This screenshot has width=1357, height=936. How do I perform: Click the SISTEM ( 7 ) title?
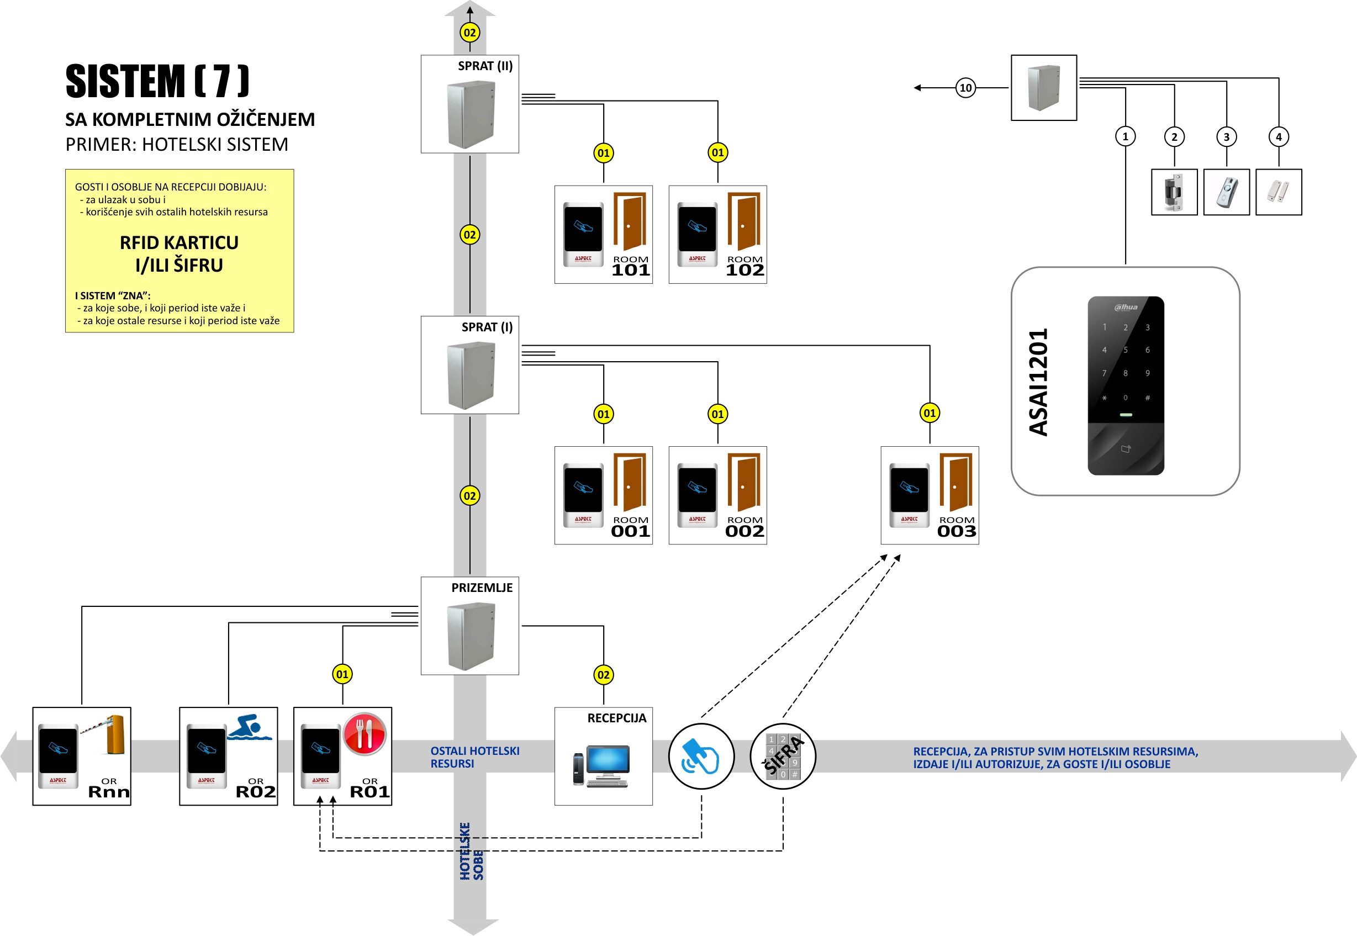(x=157, y=81)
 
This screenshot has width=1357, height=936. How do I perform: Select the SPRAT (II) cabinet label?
(x=485, y=66)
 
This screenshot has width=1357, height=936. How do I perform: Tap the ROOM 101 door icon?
(x=630, y=221)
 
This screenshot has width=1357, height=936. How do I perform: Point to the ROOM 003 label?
(x=957, y=527)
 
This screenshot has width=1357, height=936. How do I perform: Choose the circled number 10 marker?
(x=965, y=88)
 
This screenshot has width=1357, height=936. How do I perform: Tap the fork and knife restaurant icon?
(x=364, y=734)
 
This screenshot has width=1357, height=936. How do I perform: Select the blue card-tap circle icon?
(x=701, y=756)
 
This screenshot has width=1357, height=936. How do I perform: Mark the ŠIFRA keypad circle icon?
(x=783, y=756)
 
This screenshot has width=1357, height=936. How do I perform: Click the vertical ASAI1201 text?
(x=1038, y=382)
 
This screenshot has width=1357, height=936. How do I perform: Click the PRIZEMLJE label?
(x=482, y=588)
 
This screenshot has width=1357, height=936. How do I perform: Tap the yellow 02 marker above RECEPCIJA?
(x=604, y=674)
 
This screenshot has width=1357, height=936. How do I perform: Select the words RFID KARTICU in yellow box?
(x=179, y=243)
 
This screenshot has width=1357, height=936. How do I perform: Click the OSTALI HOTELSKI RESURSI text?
(x=474, y=757)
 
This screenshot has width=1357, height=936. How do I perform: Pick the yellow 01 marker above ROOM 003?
(x=930, y=413)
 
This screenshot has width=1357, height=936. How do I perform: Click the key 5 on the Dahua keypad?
(x=1126, y=350)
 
